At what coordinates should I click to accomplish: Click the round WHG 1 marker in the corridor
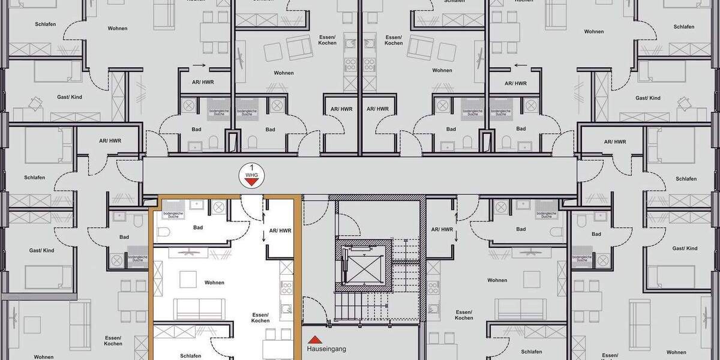click(x=251, y=175)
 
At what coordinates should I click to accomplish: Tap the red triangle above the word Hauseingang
click(x=311, y=339)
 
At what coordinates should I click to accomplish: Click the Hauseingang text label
click(x=326, y=349)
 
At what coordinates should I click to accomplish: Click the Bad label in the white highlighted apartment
click(x=198, y=228)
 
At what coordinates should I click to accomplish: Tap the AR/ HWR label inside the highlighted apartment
click(x=280, y=230)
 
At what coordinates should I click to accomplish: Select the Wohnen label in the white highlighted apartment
click(x=214, y=283)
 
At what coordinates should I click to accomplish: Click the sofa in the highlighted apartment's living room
click(x=199, y=308)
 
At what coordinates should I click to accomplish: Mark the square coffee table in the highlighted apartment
click(x=189, y=279)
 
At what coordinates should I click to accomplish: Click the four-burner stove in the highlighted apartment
click(x=287, y=286)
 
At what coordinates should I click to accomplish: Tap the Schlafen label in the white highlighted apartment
click(x=191, y=356)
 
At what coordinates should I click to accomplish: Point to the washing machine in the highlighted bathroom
click(x=219, y=207)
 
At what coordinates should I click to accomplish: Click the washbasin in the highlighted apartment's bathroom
click(x=196, y=205)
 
